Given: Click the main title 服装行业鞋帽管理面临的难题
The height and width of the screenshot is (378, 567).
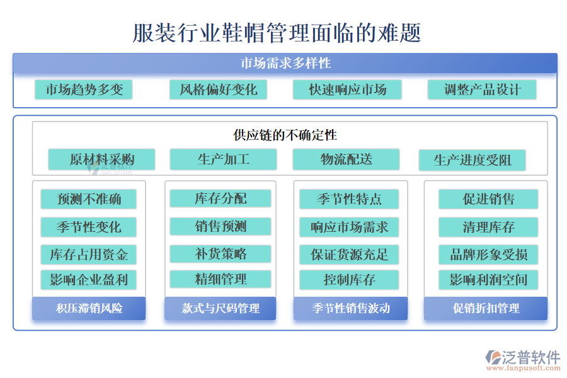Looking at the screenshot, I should point(277,33).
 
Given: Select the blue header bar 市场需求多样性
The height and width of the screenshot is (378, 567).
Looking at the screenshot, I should point(285,63).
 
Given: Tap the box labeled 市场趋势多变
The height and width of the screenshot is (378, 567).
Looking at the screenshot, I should point(84,89).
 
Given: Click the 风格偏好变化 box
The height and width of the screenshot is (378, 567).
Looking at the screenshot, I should point(218,89).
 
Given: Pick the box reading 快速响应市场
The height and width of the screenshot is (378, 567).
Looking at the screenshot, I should point(347,89).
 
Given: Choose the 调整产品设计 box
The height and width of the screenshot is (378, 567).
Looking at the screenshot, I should point(482,89).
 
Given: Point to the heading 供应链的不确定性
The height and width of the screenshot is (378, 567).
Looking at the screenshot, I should point(285,135).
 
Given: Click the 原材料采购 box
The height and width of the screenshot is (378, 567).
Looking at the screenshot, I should point(101,159).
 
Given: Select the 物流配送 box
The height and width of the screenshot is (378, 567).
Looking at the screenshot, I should point(346,159).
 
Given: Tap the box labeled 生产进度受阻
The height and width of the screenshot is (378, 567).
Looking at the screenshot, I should point(472,160).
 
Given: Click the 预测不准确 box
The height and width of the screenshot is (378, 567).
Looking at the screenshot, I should point(89,200).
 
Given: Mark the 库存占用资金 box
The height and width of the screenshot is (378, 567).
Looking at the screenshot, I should point(89,255).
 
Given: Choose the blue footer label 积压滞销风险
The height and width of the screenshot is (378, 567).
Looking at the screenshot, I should point(89,308).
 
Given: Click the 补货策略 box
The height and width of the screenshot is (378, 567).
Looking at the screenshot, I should point(220,254).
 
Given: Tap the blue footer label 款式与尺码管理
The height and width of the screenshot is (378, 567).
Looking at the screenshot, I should point(220,308).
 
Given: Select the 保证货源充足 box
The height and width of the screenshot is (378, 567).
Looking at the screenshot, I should point(349,255).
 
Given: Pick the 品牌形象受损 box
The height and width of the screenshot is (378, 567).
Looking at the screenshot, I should point(488,255).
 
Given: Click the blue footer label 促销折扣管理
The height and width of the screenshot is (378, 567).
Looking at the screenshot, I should point(486,308).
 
